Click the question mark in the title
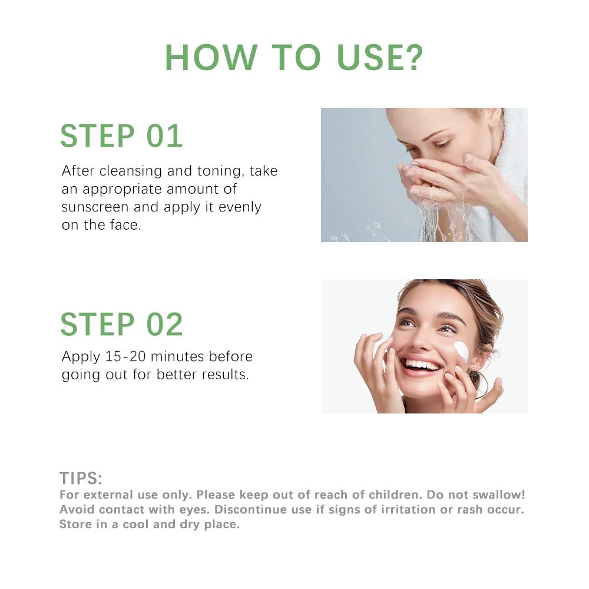tap(412, 57)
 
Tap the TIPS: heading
tap(81, 478)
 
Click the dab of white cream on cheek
tap(462, 352)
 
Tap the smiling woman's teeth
tap(422, 365)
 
